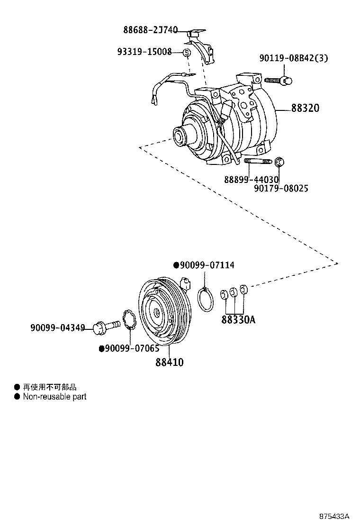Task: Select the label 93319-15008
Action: [x=144, y=52]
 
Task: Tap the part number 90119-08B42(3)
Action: [x=294, y=58]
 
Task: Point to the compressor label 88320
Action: [x=305, y=109]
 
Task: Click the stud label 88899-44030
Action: [x=251, y=180]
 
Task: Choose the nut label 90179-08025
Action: [x=281, y=189]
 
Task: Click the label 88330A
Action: [x=238, y=319]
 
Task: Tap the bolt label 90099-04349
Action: [x=57, y=327]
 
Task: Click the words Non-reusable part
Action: [x=54, y=397]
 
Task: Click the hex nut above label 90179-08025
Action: [x=279, y=163]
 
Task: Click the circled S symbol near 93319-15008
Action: [x=187, y=53]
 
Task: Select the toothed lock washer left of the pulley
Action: [x=129, y=319]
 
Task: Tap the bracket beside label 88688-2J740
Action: [x=207, y=50]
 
